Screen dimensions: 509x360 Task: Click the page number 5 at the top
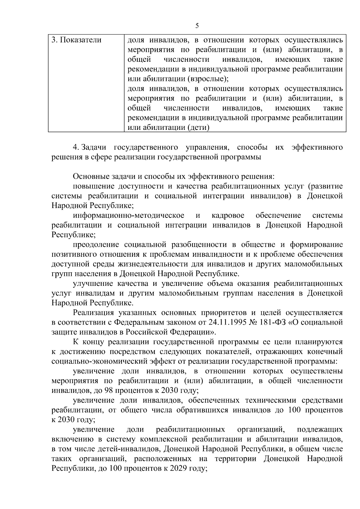tap(197, 26)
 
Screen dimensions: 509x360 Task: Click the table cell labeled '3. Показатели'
tap(76, 40)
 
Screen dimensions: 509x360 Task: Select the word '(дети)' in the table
tap(198, 127)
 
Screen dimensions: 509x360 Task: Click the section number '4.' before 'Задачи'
tap(76, 147)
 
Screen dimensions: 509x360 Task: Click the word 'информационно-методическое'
tap(129, 215)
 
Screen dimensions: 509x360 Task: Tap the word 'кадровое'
tap(228, 215)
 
